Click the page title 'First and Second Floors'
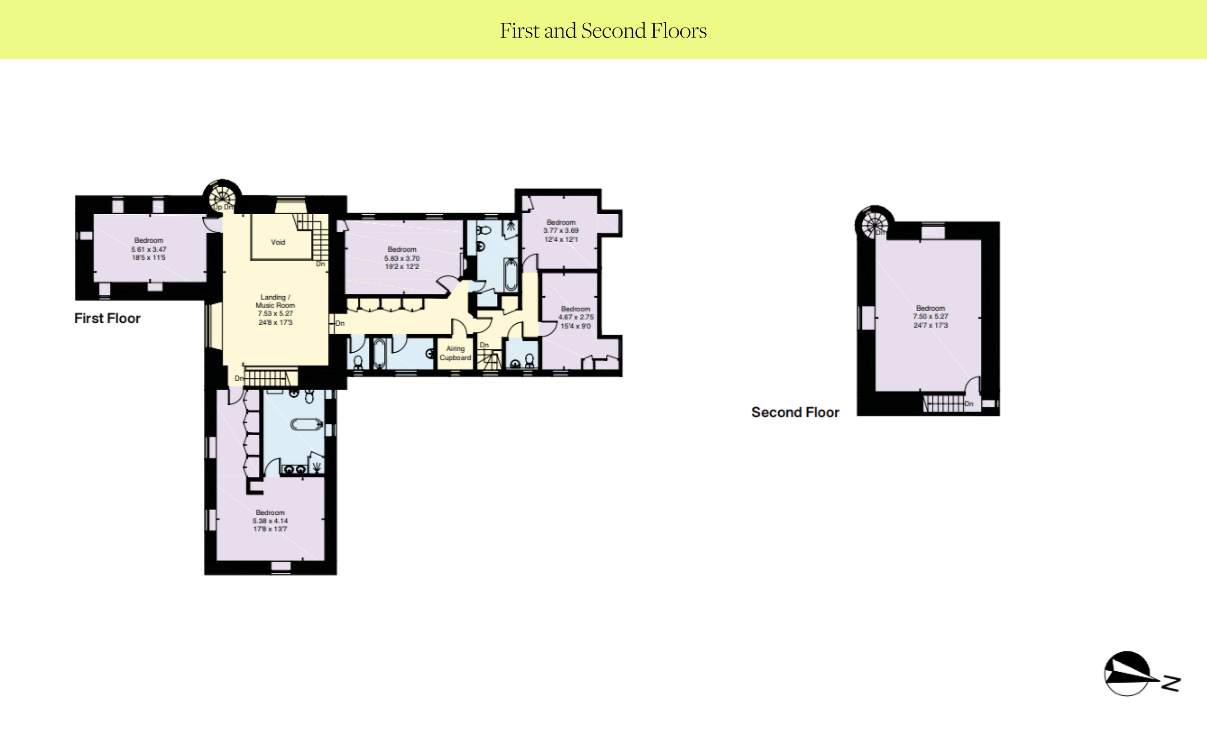(603, 31)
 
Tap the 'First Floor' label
(107, 318)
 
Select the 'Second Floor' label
(795, 412)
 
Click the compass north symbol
(1141, 674)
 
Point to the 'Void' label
(278, 242)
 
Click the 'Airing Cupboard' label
(455, 353)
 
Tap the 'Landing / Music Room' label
(275, 301)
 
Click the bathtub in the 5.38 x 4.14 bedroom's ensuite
(307, 424)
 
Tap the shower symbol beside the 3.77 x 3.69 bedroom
(511, 227)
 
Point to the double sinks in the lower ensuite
(295, 469)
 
